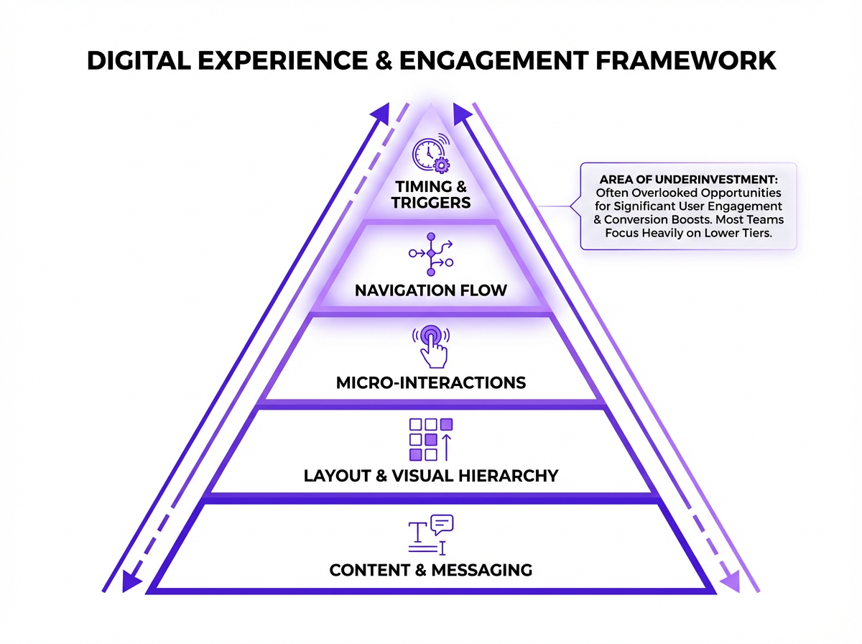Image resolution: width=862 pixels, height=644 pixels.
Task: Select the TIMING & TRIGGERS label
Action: (431, 195)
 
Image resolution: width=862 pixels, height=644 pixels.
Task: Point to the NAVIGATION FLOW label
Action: (431, 291)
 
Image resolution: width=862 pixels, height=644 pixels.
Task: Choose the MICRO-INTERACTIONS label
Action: (431, 382)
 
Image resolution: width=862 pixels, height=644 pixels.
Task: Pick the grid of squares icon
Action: (431, 438)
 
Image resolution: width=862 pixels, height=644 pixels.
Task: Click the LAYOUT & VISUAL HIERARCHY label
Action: (431, 476)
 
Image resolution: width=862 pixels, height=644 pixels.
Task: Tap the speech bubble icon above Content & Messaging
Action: (442, 525)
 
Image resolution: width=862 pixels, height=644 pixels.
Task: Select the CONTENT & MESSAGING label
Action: (431, 571)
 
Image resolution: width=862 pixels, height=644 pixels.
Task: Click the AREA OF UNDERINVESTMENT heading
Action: (688, 180)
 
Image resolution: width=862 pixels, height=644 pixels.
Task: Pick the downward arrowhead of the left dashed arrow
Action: (131, 581)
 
